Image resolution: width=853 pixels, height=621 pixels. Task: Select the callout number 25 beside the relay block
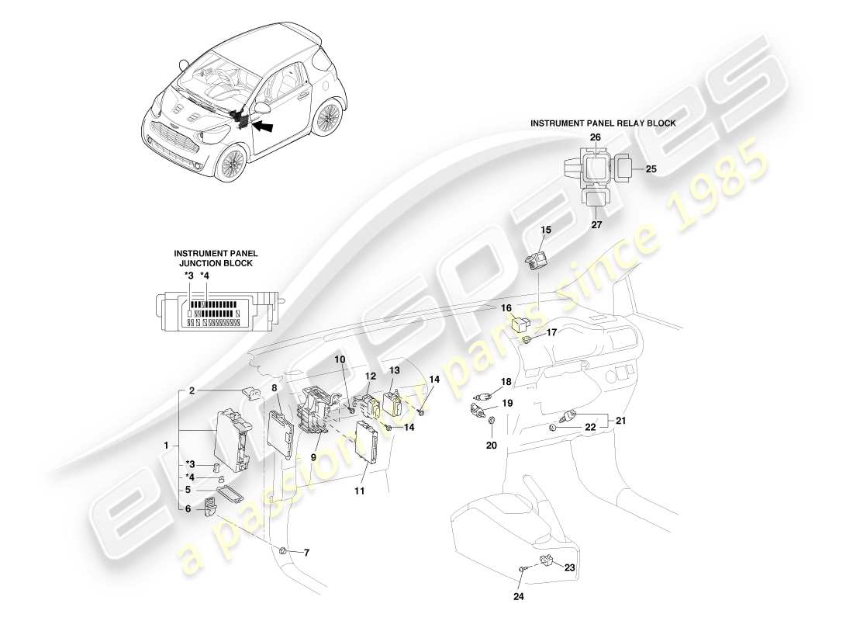point(651,168)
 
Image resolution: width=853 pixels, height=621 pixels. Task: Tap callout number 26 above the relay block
point(596,137)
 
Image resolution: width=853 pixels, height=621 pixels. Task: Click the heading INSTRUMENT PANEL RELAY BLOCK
point(603,123)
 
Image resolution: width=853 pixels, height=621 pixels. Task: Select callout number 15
point(546,230)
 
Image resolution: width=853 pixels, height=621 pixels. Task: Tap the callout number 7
point(306,553)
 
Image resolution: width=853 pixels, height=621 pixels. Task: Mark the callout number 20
point(492,446)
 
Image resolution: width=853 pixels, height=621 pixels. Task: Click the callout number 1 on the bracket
point(165,445)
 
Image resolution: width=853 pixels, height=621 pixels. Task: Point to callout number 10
point(340,359)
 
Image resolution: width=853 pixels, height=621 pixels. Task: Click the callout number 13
point(394,370)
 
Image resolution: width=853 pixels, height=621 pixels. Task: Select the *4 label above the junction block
point(205,276)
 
